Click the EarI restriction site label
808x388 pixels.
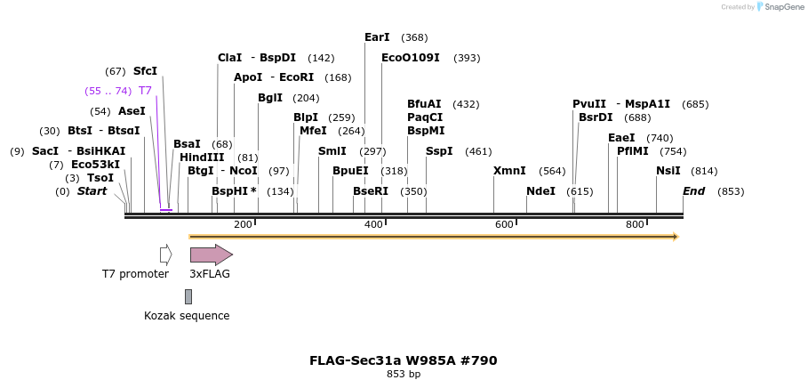click(x=377, y=37)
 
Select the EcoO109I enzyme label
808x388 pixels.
click(x=410, y=58)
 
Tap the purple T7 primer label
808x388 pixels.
click(x=145, y=91)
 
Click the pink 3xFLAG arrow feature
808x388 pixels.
click(x=211, y=255)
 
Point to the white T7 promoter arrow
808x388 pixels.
click(x=165, y=255)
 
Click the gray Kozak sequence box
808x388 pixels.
click(x=188, y=296)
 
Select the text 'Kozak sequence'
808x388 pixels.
click(x=187, y=316)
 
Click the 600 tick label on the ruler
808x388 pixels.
click(x=504, y=224)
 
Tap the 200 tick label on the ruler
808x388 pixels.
click(x=243, y=224)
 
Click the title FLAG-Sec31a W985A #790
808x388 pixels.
click(x=403, y=360)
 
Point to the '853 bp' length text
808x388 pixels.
click(x=403, y=375)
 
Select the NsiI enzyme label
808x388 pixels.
click(x=668, y=171)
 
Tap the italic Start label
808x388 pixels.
click(x=92, y=191)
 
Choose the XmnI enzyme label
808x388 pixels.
click(x=509, y=171)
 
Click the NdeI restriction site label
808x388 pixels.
click(x=540, y=191)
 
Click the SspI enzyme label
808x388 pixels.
click(x=439, y=151)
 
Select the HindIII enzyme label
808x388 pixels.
click(x=206, y=158)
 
